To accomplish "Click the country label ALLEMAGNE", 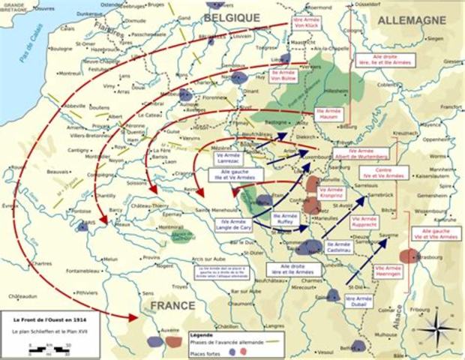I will (416, 20).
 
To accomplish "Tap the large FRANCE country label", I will (172, 306).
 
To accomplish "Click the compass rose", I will (441, 328).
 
